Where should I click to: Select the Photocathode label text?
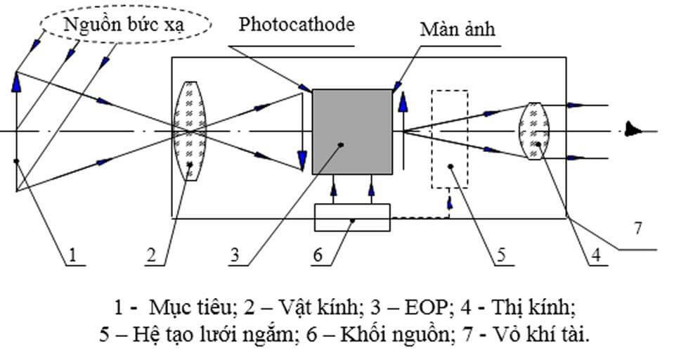point(296,25)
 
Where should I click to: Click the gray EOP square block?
point(352,131)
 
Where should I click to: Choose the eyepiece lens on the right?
point(533,131)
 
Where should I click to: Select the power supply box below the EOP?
point(352,218)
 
